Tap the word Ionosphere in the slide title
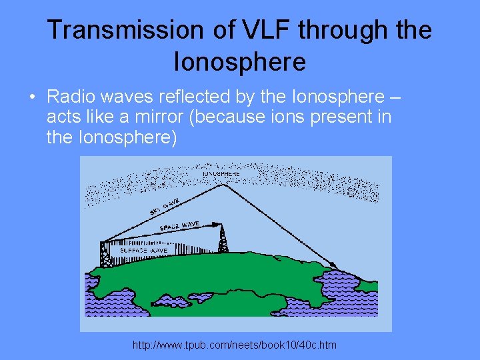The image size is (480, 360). click(239, 61)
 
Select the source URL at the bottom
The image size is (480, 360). click(235, 345)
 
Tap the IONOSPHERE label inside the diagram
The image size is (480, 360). click(221, 174)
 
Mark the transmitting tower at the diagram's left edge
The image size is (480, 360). click(105, 254)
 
